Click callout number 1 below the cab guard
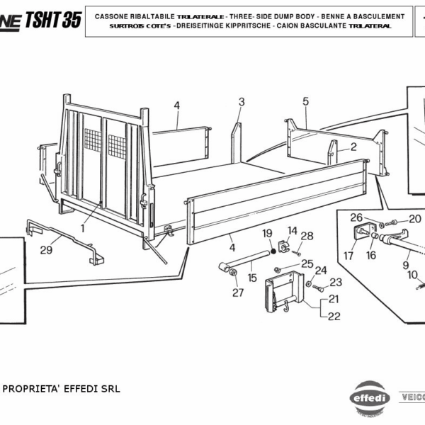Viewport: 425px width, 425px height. (x=83, y=228)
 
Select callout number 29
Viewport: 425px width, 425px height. (x=47, y=249)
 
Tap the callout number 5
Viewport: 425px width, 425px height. (x=306, y=101)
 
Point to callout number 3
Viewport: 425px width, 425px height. (x=241, y=102)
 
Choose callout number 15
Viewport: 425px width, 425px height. (x=251, y=278)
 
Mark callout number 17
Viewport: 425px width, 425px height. (x=348, y=255)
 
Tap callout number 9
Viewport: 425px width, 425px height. (x=406, y=266)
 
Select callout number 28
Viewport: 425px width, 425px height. (x=307, y=236)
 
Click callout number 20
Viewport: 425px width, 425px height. (x=415, y=218)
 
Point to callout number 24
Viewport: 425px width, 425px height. (x=321, y=270)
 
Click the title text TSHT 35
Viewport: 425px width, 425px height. (x=52, y=20)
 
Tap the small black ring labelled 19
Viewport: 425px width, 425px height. (x=270, y=249)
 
